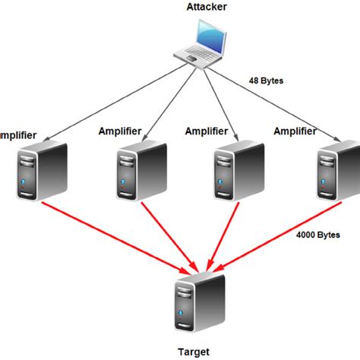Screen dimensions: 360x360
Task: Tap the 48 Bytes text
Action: coord(265,79)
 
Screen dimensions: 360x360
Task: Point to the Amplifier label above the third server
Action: coord(208,131)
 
